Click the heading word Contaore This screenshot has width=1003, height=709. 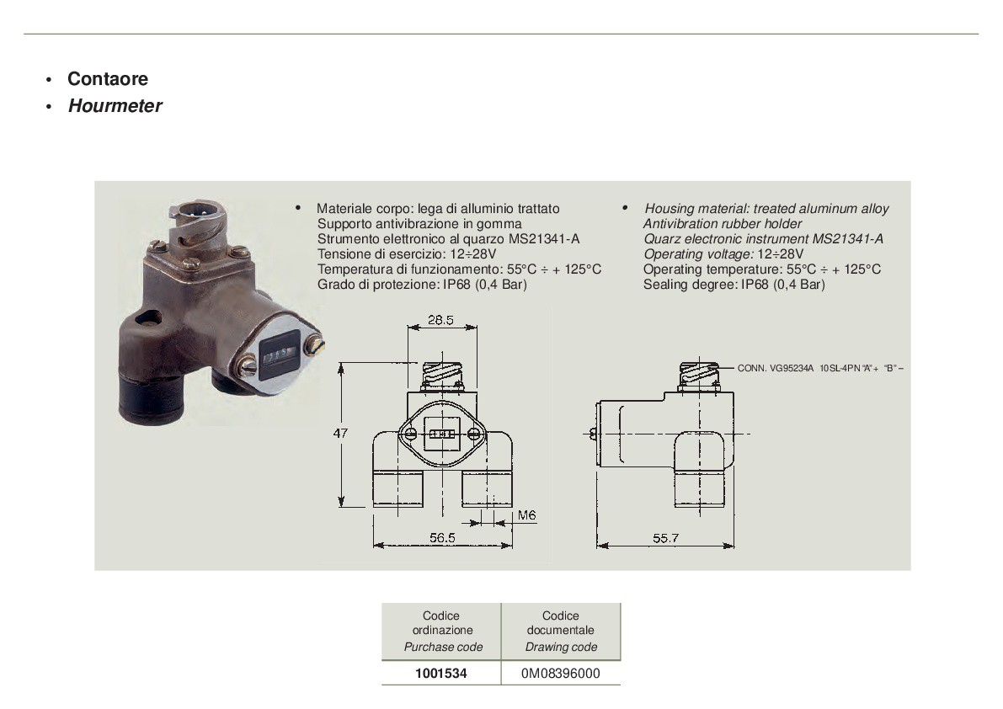pos(108,78)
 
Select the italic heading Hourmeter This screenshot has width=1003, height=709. pos(115,105)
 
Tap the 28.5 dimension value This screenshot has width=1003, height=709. pos(440,320)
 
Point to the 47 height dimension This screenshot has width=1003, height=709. pos(340,433)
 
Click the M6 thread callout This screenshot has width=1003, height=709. pos(526,514)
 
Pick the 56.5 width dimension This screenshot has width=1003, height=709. pos(442,538)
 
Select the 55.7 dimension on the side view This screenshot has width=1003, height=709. pos(665,538)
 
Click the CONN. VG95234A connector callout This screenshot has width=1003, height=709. pos(820,368)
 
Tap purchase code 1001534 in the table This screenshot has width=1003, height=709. pos(440,673)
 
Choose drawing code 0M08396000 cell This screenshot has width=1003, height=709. pos(560,673)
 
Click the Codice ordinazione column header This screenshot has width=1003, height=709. pos(442,631)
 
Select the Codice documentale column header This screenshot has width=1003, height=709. pos(561,631)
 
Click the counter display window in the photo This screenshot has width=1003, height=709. pos(280,354)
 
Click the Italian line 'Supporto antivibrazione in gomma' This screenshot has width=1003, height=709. pos(419,224)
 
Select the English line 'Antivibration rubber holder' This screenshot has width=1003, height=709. pos(723,224)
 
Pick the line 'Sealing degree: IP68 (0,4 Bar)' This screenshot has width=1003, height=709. pos(734,285)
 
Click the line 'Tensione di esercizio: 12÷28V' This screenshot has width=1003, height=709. pos(407,253)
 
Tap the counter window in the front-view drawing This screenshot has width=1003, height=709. pos(442,434)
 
